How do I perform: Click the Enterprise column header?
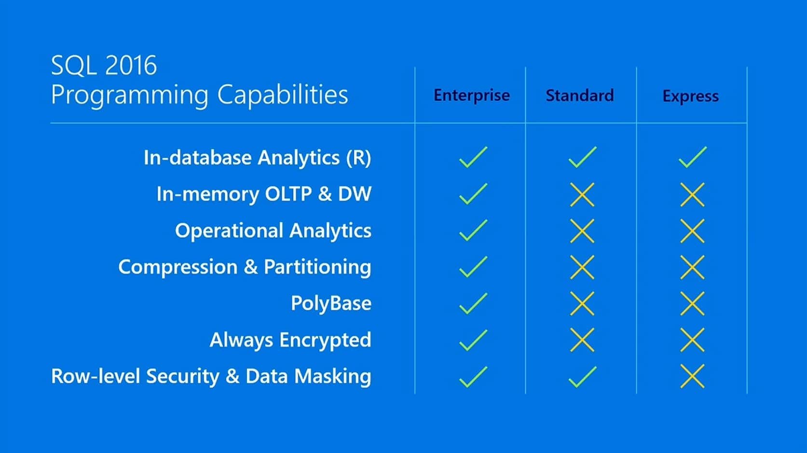pyautogui.click(x=471, y=96)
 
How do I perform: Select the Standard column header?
pyautogui.click(x=579, y=96)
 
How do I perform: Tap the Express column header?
pyautogui.click(x=690, y=96)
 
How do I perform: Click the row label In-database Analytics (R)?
pyautogui.click(x=257, y=158)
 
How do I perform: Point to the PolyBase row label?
pyautogui.click(x=331, y=303)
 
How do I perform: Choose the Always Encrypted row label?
pyautogui.click(x=290, y=340)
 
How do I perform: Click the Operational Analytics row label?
pyautogui.click(x=273, y=231)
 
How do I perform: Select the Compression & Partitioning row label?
pyautogui.click(x=245, y=267)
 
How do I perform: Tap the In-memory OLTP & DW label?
pyautogui.click(x=264, y=194)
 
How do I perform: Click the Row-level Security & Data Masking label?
pyautogui.click(x=211, y=376)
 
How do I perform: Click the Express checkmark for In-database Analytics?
pyautogui.click(x=692, y=157)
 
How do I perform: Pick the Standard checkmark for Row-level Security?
pyautogui.click(x=582, y=377)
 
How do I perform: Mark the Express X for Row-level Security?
pyautogui.click(x=692, y=376)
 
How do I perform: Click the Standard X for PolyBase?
pyautogui.click(x=582, y=303)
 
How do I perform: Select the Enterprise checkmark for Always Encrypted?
pyautogui.click(x=473, y=340)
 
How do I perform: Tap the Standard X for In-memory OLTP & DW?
pyautogui.click(x=582, y=194)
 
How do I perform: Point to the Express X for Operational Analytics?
pyautogui.click(x=692, y=231)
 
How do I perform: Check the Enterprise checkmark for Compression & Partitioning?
pyautogui.click(x=473, y=267)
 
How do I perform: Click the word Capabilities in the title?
pyautogui.click(x=282, y=95)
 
